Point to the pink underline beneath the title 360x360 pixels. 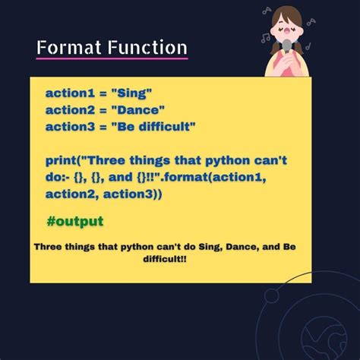(112, 59)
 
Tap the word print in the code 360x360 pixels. (62, 160)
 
